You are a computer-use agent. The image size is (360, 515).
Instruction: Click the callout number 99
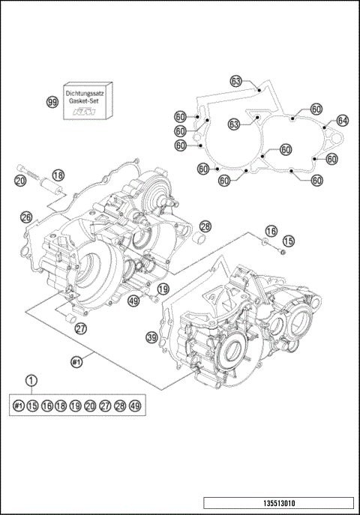click(x=52, y=101)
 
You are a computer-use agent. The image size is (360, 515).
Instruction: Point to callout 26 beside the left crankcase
click(x=26, y=217)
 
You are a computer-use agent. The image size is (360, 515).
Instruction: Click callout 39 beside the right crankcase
click(x=152, y=339)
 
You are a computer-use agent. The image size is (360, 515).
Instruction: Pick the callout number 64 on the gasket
click(x=342, y=120)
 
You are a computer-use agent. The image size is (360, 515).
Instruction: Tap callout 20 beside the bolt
click(x=20, y=181)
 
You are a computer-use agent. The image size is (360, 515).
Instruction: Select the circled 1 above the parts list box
click(x=31, y=381)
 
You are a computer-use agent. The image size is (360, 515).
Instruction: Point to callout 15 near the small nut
click(x=289, y=241)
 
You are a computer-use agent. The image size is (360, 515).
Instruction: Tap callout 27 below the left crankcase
click(x=80, y=327)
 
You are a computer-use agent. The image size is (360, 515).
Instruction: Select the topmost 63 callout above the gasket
click(x=236, y=81)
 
